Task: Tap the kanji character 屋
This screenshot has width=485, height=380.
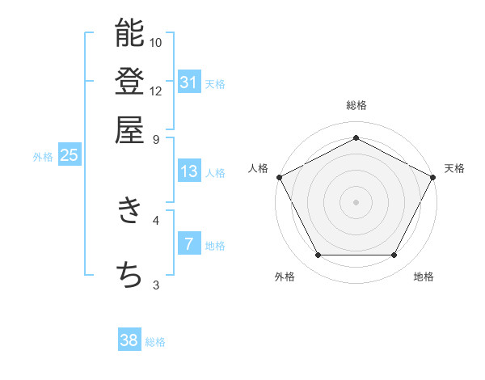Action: coord(129,129)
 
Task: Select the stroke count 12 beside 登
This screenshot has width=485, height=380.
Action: coord(156,91)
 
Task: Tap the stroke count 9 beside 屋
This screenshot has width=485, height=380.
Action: coord(156,138)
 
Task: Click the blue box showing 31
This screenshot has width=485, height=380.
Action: coord(189,82)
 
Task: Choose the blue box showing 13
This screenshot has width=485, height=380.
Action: coord(189,171)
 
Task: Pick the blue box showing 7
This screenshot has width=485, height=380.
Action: coord(189,244)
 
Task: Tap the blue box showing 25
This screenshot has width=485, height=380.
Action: coord(69,155)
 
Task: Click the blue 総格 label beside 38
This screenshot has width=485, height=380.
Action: coord(155,342)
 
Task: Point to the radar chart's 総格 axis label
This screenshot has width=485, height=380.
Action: coord(356,105)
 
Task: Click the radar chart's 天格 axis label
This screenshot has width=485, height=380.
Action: coord(455,168)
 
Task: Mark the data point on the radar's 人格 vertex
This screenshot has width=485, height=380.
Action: coord(279,176)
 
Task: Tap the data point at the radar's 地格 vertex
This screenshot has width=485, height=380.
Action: coord(394,255)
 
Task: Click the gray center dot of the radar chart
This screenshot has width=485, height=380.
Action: coord(356,201)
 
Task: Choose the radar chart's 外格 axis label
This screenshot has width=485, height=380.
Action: coord(285,277)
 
